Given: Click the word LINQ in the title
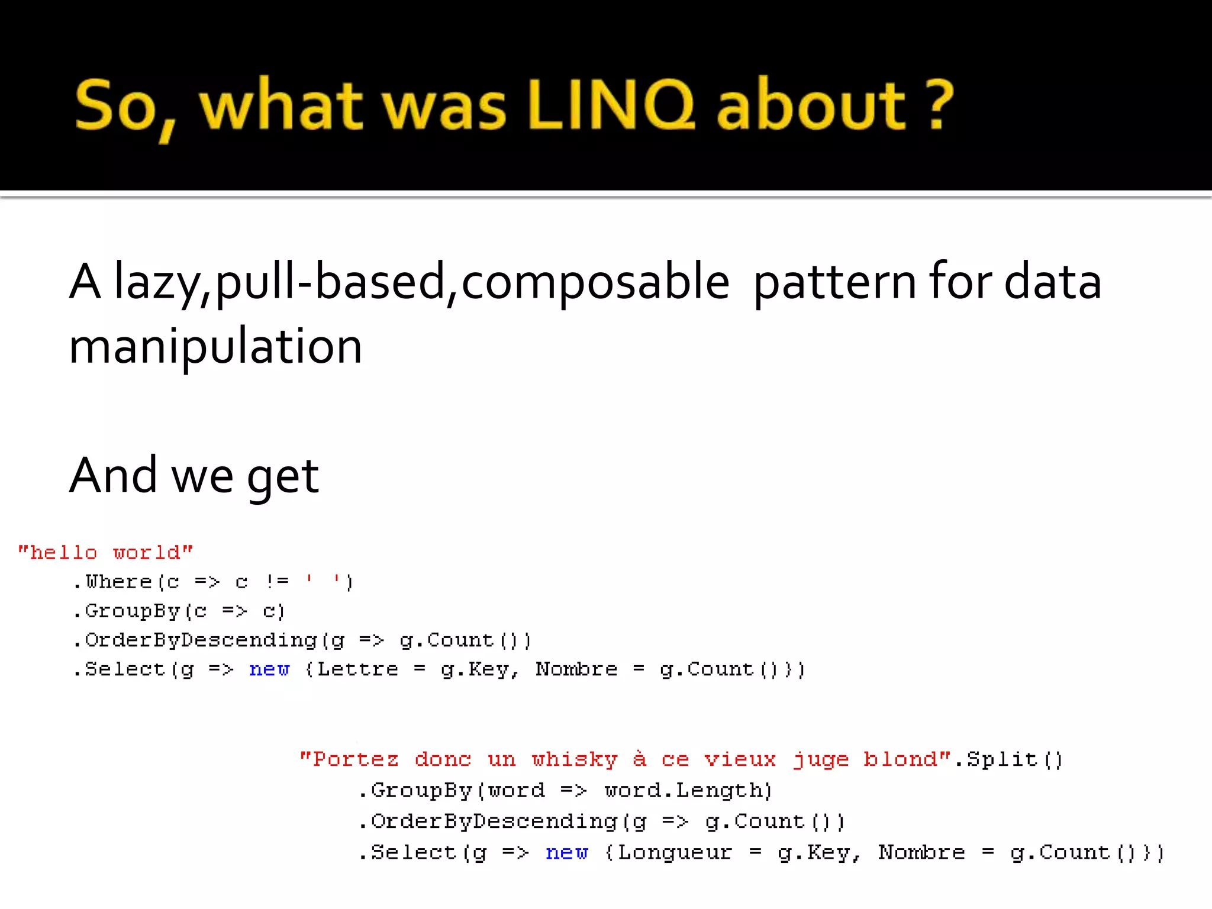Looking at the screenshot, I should tap(611, 105).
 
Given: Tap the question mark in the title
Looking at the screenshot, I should tap(939, 105).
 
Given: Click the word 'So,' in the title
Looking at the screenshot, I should tap(125, 107).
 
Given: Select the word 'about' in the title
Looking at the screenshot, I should tap(811, 105).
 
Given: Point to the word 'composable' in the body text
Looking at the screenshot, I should tap(595, 282).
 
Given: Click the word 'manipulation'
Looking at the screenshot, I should tap(215, 346).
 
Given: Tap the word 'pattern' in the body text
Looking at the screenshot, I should tap(835, 282).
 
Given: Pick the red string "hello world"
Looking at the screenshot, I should tap(105, 553).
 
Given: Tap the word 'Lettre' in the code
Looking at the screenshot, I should tap(358, 669).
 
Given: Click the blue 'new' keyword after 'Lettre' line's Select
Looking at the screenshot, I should tap(269, 669).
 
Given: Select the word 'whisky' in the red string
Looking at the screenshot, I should tap(575, 759).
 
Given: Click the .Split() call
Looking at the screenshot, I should tap(1009, 759).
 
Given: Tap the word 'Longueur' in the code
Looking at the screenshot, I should tap(675, 853).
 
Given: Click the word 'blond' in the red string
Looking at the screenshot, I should tap(900, 759).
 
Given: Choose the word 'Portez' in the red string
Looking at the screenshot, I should tap(356, 759).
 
